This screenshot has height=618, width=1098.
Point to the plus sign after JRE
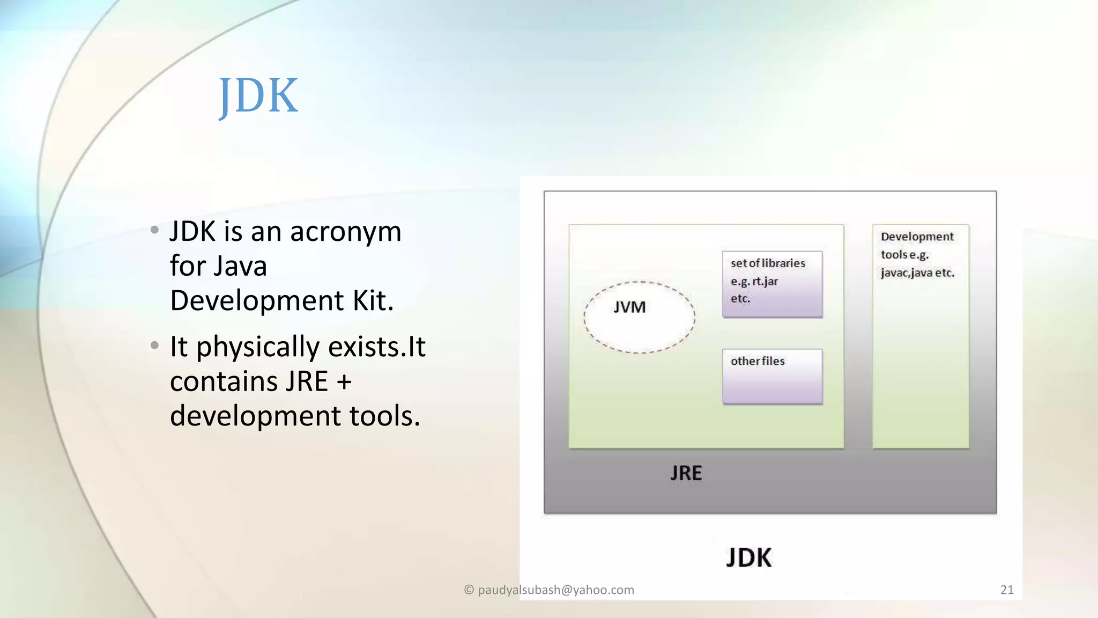[344, 382]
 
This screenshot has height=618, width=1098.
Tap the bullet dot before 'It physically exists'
[154, 345]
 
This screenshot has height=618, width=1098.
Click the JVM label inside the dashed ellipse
[629, 307]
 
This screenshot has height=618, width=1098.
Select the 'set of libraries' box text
[767, 263]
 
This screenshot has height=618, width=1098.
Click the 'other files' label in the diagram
[757, 361]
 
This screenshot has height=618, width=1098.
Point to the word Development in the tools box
[917, 237]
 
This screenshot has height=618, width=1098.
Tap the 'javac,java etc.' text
[917, 273]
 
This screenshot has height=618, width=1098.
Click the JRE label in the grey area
[686, 473]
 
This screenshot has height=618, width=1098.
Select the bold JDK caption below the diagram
[748, 558]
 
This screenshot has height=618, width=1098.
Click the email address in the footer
[555, 590]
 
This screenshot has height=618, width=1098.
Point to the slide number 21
[1007, 590]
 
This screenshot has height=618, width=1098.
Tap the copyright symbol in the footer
[469, 590]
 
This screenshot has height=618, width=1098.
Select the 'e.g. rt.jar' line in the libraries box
[754, 282]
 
